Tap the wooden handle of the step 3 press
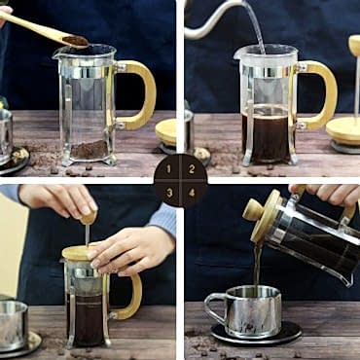[132, 297]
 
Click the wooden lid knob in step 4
[254, 208]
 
